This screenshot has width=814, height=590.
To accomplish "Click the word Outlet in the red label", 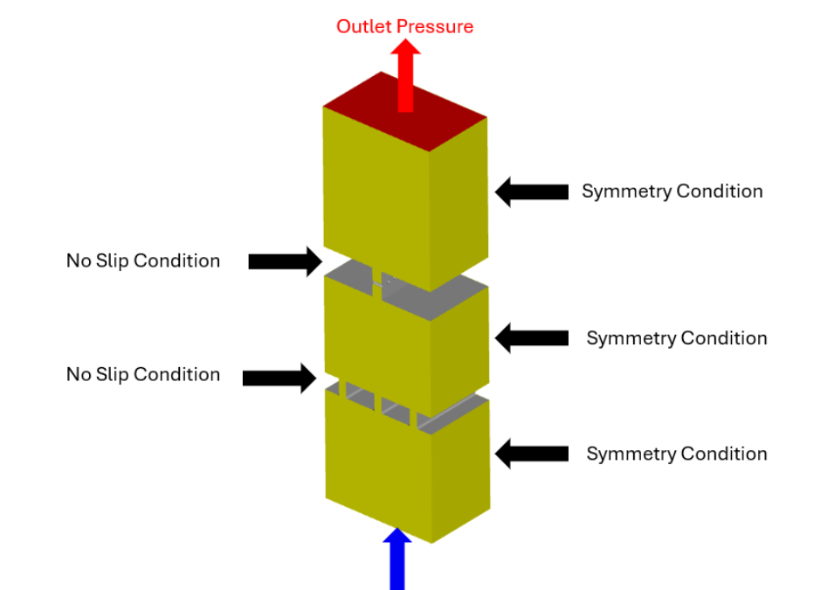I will point(364,26).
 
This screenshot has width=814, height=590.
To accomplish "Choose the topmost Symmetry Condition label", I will point(672,191).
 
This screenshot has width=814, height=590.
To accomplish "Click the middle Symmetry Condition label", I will point(676,338).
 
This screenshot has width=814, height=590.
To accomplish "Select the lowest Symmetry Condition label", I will point(676,454).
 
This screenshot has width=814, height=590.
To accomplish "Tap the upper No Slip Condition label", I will point(143,260).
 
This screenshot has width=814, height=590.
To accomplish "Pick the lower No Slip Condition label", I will point(143,374).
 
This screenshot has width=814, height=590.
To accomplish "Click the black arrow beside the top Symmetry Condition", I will point(531,191).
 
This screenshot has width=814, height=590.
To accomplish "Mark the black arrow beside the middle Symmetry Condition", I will point(531,337).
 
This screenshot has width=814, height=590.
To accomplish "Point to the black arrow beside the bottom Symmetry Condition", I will point(531,453).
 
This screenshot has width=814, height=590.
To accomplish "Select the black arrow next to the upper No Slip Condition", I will point(285,260).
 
